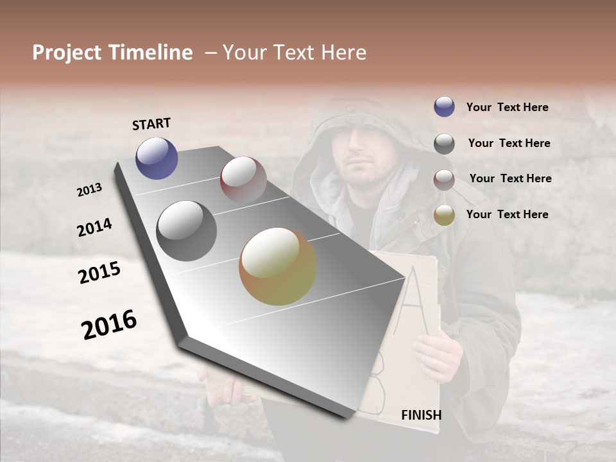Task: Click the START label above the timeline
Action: (151, 124)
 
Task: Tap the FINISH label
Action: (422, 415)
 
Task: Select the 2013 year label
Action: (89, 190)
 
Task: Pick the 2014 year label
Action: (94, 227)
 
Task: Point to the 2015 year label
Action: (99, 273)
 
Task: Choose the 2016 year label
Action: (109, 325)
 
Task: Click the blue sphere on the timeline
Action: (157, 158)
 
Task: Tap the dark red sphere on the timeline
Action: (243, 180)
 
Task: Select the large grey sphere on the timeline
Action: (187, 231)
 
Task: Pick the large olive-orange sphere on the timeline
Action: (278, 266)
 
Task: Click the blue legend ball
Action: (444, 107)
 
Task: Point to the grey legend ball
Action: (444, 144)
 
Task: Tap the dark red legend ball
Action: (444, 180)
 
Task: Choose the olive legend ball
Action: (444, 215)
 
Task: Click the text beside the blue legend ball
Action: (507, 107)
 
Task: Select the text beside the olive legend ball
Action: (507, 214)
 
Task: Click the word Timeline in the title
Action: (151, 53)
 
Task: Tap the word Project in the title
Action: (67, 53)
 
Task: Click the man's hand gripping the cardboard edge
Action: (440, 356)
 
